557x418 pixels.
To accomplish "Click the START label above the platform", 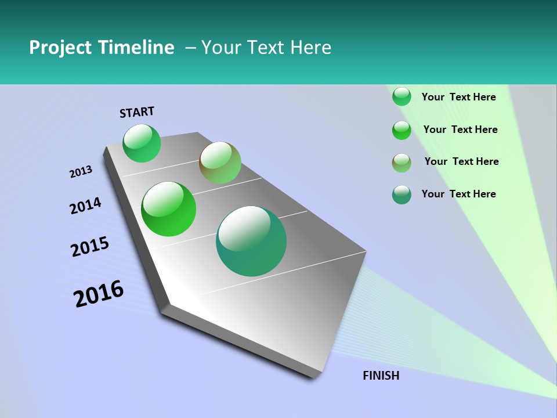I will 137,111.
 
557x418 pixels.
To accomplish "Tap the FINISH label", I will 381,376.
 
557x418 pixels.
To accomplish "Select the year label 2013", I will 81,172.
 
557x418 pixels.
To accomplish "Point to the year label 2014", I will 85,206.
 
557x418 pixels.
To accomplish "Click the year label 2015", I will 90,247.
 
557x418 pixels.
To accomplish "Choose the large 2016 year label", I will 99,294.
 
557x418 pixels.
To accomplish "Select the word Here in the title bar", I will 310,48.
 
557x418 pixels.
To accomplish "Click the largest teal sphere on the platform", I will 251,241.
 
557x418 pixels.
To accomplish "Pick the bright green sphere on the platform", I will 168,209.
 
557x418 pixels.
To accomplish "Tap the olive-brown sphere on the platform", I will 220,163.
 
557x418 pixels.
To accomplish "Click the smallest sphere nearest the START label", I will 142,143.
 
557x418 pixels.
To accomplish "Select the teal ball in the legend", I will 402,195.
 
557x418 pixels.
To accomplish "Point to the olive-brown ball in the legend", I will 402,163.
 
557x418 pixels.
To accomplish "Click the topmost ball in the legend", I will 402,96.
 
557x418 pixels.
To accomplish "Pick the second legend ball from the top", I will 402,130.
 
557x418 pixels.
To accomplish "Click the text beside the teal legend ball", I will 458,194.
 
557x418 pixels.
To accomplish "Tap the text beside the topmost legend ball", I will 458,97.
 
